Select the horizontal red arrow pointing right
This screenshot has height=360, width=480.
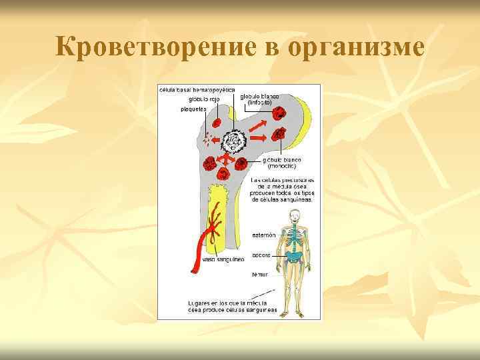click(259, 138)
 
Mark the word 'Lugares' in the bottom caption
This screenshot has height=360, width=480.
click(199, 302)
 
